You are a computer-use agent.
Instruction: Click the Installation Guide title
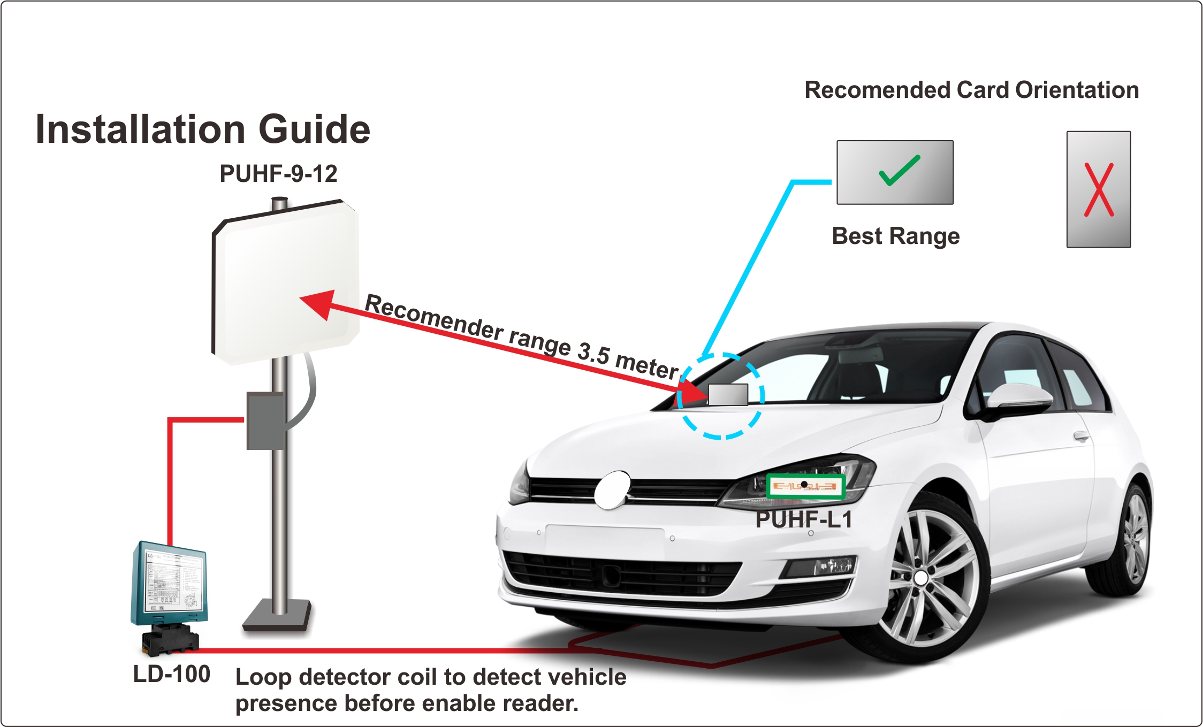tap(203, 129)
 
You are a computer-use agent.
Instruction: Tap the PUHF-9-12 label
tap(278, 174)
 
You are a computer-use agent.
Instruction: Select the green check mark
tap(900, 171)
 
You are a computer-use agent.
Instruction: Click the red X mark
tap(1099, 190)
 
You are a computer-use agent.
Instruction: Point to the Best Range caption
tap(896, 236)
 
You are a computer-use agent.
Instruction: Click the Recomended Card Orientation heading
tap(972, 90)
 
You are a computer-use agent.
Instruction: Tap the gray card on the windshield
tap(728, 395)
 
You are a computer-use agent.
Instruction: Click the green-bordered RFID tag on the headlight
tap(805, 486)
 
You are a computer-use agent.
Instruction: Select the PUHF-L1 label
tap(804, 519)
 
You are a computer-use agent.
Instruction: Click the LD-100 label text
tap(171, 674)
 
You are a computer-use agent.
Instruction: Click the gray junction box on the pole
tap(265, 421)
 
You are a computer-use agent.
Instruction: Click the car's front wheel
tap(920, 578)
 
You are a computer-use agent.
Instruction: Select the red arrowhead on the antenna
tap(319, 303)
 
